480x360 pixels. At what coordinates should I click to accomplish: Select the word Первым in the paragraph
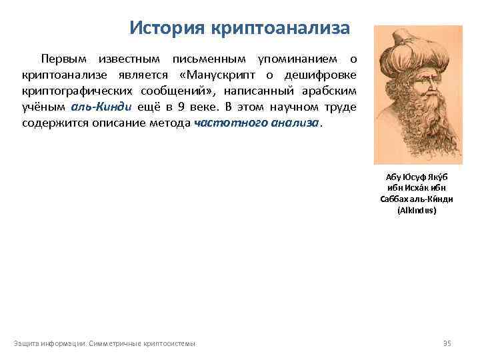[65, 59]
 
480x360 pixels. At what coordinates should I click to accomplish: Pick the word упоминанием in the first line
[294, 59]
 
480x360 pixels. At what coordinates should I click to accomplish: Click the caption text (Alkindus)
[417, 209]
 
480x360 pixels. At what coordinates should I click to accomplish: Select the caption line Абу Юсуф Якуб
[417, 177]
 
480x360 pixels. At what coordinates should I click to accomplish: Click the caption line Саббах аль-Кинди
[417, 199]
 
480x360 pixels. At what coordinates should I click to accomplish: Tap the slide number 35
[447, 343]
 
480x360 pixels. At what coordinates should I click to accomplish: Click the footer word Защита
[27, 343]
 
